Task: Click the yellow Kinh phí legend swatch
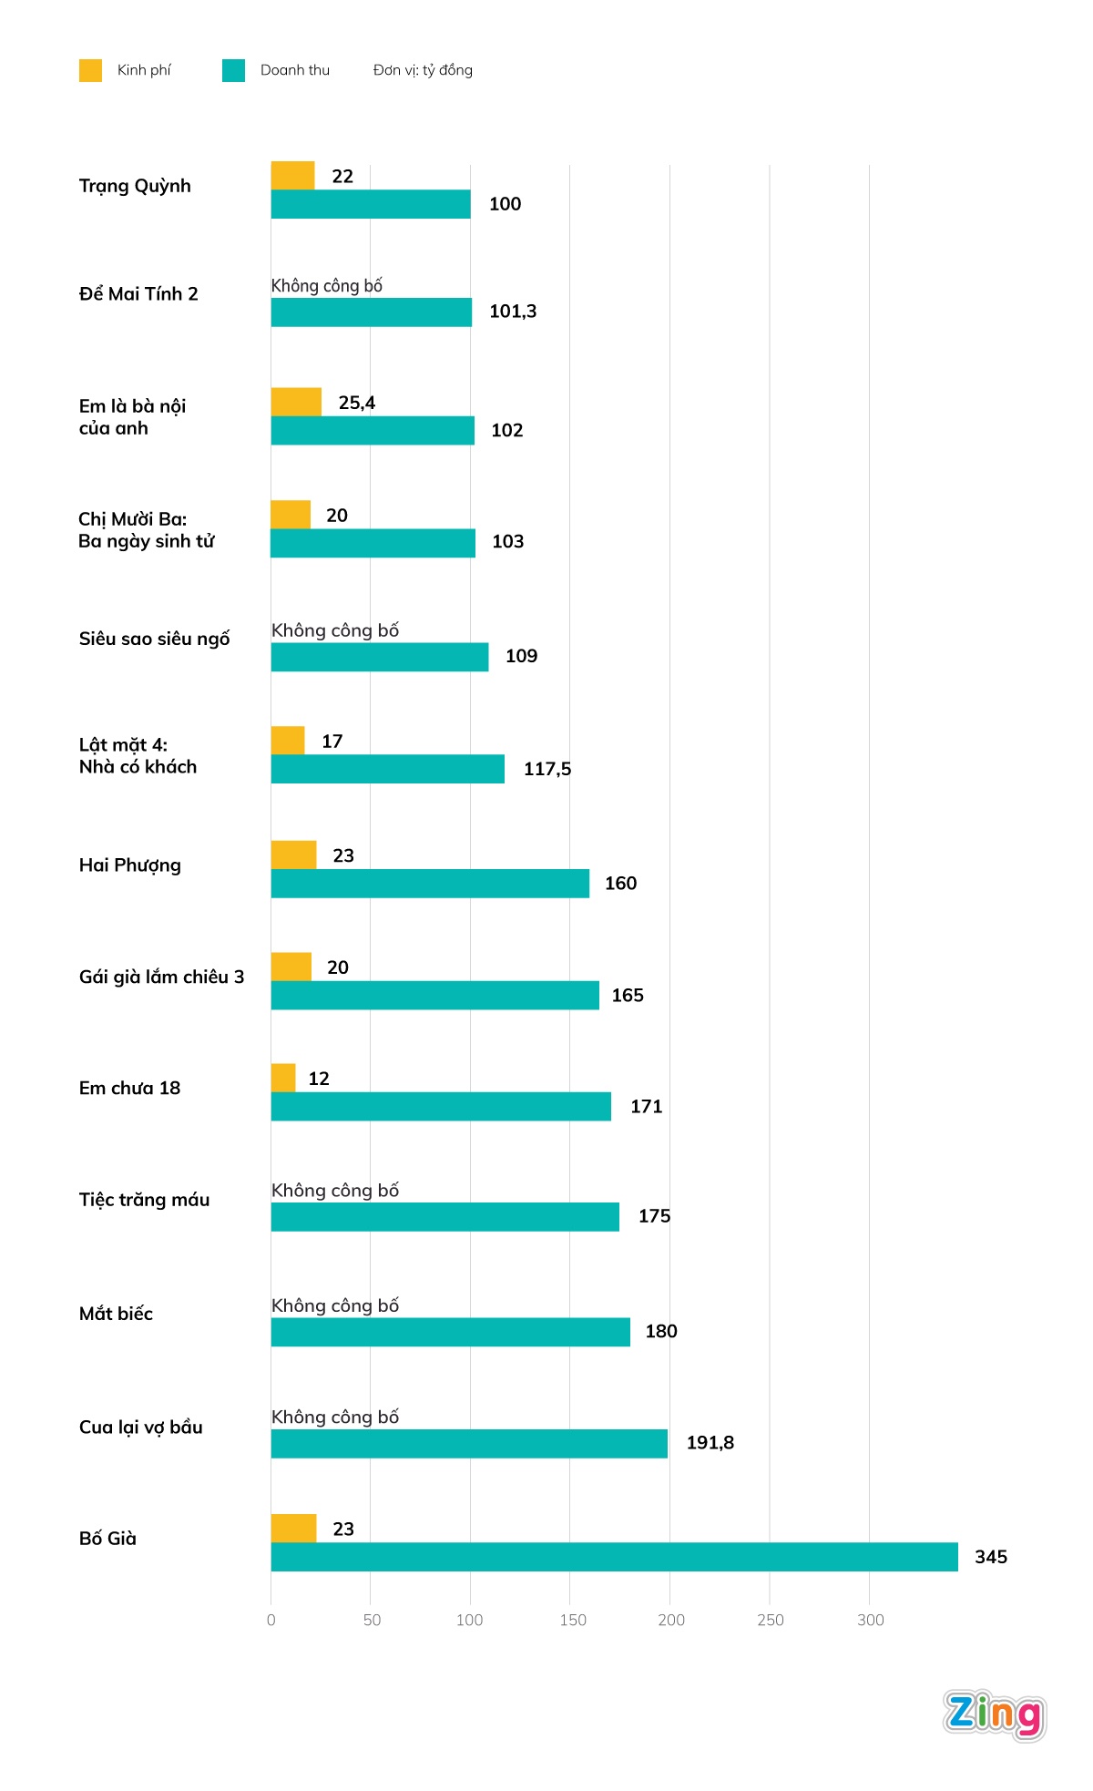point(90,70)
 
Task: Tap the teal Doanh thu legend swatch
point(233,70)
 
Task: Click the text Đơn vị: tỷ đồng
point(423,70)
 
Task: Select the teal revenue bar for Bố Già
point(614,1556)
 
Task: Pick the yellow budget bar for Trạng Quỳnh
point(292,176)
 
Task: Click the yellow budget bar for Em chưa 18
point(283,1078)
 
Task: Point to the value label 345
point(990,1557)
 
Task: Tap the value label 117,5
point(547,769)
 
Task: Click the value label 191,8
point(710,1443)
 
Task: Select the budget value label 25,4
point(356,403)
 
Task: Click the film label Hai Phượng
point(130,865)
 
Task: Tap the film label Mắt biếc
point(116,1314)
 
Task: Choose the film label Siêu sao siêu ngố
point(154,639)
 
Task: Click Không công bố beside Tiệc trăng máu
point(335,1191)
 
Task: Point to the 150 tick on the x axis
point(573,1620)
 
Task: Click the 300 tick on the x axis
point(870,1620)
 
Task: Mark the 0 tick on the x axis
point(271,1620)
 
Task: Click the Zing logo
point(994,1715)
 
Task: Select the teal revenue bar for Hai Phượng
point(430,883)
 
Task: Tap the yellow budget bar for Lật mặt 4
point(288,741)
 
